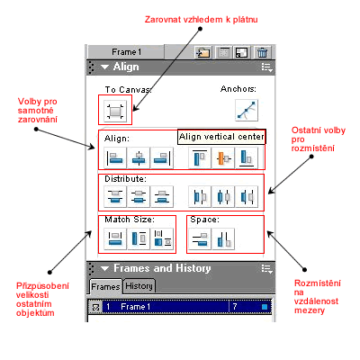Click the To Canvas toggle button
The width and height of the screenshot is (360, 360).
coord(115,111)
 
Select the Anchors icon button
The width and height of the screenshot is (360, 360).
coord(247,111)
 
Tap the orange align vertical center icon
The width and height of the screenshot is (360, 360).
coord(223,157)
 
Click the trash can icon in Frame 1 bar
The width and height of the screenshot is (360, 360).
coord(263,52)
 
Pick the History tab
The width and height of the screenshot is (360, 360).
coord(139,286)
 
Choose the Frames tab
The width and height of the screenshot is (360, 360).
coord(105,286)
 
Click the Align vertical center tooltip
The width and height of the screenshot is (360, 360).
coord(221,137)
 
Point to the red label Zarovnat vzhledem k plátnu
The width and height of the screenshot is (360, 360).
coord(202,20)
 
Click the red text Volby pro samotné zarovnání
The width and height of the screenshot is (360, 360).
coord(38,111)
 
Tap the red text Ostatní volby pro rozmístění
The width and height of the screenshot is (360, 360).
coord(319,139)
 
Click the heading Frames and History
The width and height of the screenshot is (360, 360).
coord(162,268)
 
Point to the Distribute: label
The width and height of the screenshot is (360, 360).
coord(125,179)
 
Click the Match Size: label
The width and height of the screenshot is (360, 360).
coord(130,220)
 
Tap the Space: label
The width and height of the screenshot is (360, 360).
coord(204,220)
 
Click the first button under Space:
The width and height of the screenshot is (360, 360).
coord(200,238)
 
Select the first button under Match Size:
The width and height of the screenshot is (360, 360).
coord(115,238)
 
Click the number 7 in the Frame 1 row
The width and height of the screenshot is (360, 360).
coord(235,307)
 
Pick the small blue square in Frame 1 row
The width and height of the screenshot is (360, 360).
coord(265,307)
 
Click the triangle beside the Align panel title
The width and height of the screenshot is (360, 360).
coord(104,67)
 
